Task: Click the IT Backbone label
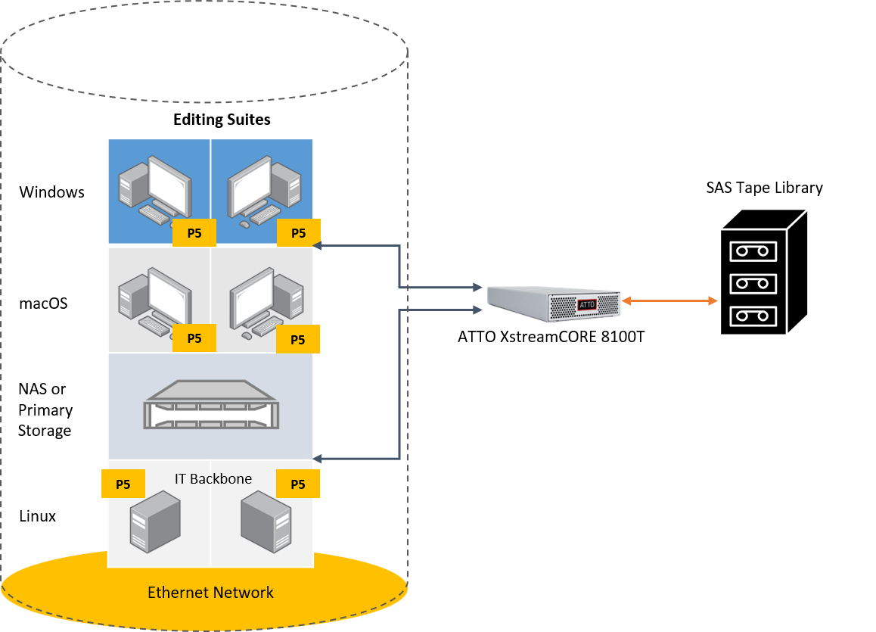tap(213, 478)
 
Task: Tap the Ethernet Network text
tap(210, 593)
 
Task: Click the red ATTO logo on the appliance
tap(587, 304)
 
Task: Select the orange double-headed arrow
tap(669, 301)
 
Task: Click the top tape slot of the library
tap(753, 251)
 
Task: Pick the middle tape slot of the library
tap(753, 284)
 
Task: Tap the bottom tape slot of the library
tap(753, 316)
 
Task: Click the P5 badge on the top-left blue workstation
tap(194, 233)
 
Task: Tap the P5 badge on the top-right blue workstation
tap(298, 233)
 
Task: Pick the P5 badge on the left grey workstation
tap(194, 338)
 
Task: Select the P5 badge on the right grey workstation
tap(298, 340)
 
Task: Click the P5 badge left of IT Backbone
tap(123, 484)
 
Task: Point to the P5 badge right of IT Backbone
tap(298, 484)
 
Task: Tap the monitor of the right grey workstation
tap(251, 296)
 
